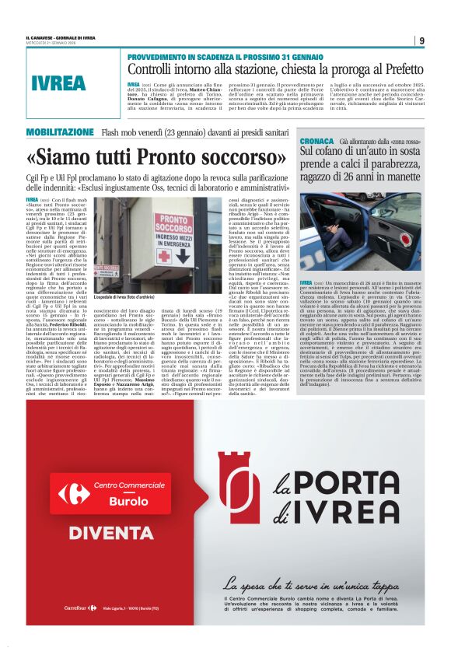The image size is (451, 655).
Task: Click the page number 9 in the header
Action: click(x=420, y=40)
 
